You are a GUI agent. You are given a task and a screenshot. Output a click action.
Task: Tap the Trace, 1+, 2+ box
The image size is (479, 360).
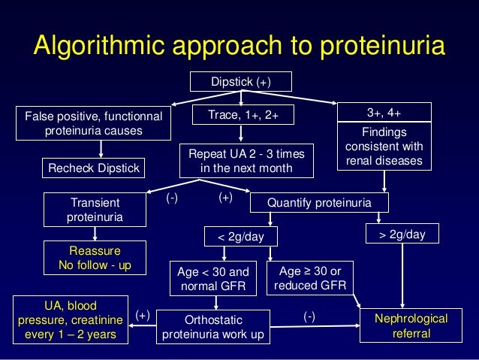tap(240, 114)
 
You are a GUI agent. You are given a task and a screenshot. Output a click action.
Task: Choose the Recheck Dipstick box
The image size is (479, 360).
tap(94, 168)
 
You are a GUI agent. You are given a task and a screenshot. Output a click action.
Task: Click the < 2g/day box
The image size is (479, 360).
tap(241, 237)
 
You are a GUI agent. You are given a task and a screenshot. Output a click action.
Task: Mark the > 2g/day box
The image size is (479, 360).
tap(402, 235)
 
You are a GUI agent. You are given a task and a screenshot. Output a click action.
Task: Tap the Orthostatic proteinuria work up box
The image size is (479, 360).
tap(214, 326)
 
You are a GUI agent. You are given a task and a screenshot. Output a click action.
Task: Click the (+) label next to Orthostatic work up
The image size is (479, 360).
tap(143, 317)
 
